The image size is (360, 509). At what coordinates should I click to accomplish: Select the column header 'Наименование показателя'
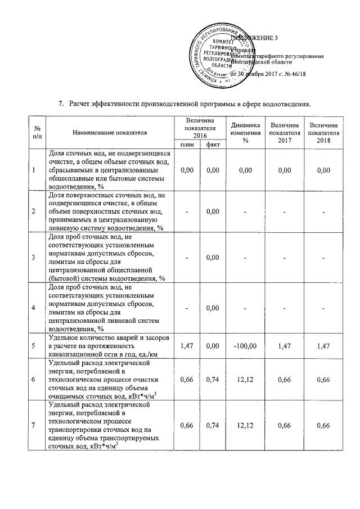[109, 132]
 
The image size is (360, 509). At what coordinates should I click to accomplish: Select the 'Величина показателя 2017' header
[284, 132]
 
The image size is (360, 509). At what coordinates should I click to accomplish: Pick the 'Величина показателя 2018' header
[323, 132]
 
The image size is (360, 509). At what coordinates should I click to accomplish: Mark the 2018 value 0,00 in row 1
[323, 169]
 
